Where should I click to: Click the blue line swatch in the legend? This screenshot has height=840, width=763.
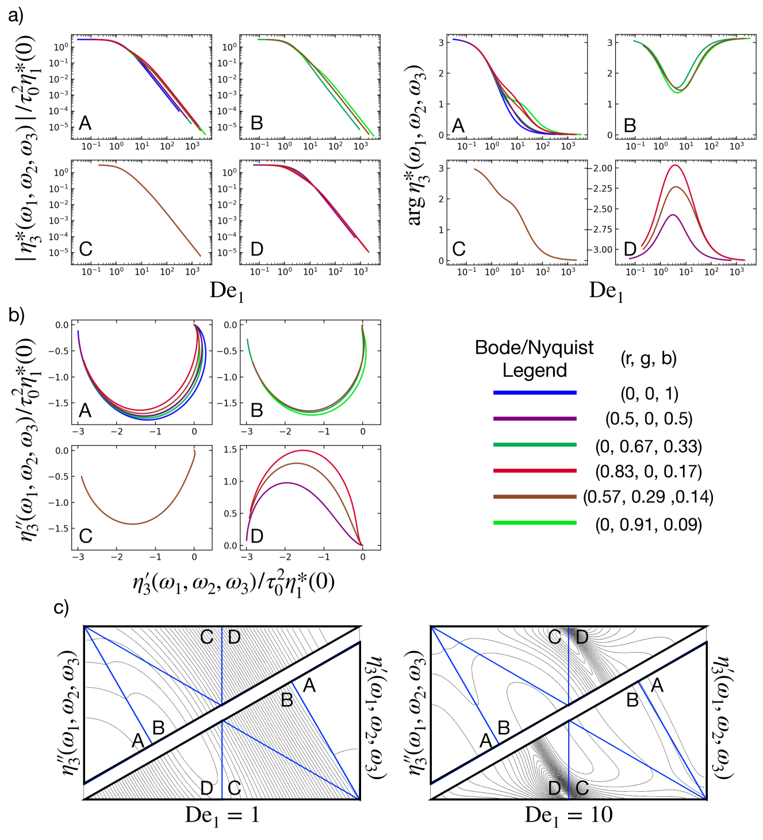coord(535,393)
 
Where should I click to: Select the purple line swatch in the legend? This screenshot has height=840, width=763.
coord(535,419)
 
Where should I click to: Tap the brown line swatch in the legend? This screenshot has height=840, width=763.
coord(535,496)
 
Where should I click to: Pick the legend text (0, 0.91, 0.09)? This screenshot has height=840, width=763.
coord(649,525)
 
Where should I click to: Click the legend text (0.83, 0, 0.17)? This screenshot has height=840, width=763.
coord(649,472)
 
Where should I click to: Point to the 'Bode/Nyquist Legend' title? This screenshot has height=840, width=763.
coord(534,359)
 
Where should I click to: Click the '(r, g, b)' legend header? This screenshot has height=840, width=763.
coord(649,359)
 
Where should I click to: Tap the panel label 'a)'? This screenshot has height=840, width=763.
coord(16,16)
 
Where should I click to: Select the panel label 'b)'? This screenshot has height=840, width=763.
coord(16,315)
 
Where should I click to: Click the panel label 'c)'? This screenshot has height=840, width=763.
coord(61,607)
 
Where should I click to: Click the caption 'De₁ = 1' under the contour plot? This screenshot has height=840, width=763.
coord(222,815)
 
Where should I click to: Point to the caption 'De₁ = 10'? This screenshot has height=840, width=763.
coord(569,815)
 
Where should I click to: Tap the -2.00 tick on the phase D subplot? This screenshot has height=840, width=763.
coord(600,168)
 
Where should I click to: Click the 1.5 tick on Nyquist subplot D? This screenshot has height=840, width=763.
coord(230,449)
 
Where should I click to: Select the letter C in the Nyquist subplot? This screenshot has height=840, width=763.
coord(85,536)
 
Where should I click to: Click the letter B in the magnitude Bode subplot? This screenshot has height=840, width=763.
coord(256,123)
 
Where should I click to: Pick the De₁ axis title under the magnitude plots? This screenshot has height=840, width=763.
coord(227,291)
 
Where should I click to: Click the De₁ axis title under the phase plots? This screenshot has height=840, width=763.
coord(606,291)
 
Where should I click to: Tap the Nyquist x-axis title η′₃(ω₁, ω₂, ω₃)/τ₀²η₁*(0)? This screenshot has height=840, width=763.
coord(233,584)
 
